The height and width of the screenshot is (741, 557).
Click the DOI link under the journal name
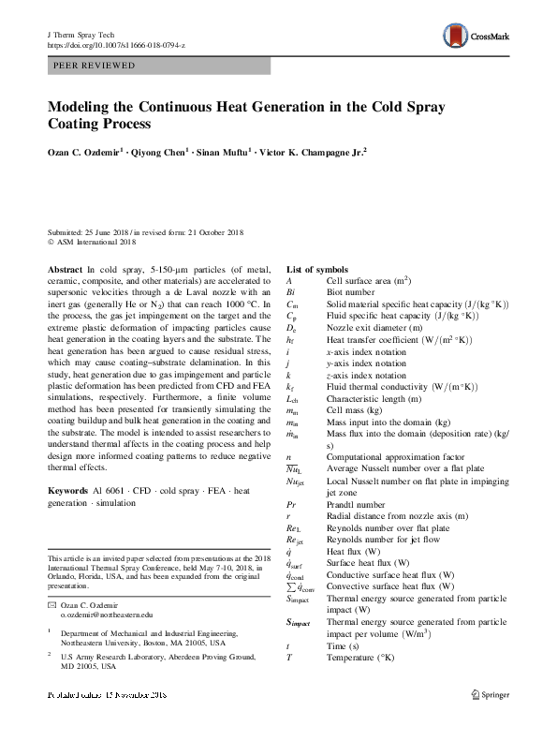point(117,44)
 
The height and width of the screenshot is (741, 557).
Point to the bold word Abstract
point(65,269)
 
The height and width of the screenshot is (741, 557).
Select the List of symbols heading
point(322,269)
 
